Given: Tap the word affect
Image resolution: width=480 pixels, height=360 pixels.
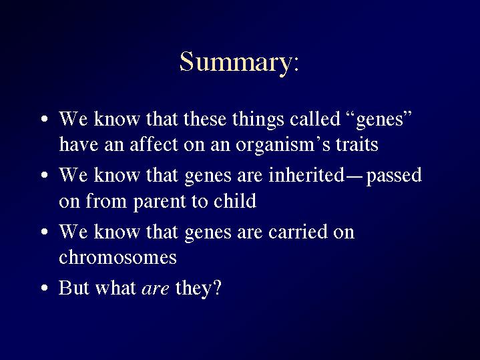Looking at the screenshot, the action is tap(154, 144).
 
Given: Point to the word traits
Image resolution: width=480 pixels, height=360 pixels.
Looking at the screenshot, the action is tap(357, 145).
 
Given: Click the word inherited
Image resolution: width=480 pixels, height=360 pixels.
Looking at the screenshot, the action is tap(306, 175).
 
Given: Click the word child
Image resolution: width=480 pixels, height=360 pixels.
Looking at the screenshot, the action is tap(235, 200).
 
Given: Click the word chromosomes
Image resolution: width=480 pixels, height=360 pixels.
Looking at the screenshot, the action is tap(118, 256).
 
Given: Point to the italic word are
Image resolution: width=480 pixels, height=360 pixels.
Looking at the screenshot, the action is tap(155, 289).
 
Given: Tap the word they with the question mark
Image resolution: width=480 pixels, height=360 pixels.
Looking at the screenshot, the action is tap(198, 289).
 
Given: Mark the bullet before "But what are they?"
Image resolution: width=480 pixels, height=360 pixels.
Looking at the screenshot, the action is tap(45, 288).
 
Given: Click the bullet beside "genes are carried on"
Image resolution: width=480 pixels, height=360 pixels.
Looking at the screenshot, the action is tap(45, 232).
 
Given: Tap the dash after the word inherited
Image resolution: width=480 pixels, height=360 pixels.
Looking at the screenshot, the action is tap(355, 177).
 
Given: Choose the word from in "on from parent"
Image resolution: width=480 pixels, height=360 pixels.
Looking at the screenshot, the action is tap(106, 200).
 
